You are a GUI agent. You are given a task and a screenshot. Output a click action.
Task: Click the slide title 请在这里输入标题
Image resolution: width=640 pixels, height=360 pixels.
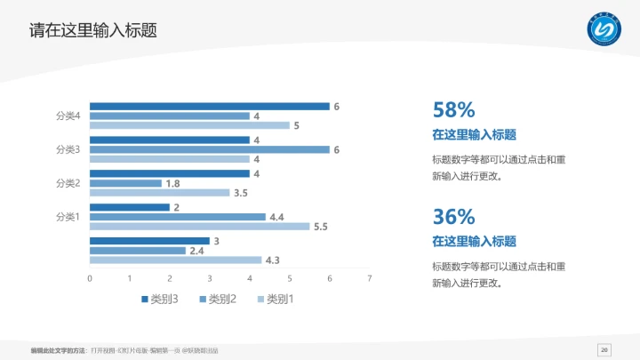93,30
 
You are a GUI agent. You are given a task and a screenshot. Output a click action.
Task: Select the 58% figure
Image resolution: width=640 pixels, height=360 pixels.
453,110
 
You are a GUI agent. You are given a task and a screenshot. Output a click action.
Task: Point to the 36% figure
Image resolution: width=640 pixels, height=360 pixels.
453,216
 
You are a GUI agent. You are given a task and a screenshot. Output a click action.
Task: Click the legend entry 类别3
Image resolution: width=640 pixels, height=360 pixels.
160,299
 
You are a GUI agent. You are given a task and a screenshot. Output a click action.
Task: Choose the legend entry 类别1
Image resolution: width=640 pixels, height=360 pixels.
276,299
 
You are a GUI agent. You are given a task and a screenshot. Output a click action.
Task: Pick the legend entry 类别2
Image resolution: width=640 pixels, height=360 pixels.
218,299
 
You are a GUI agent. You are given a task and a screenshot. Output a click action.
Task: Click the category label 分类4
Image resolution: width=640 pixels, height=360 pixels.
68,116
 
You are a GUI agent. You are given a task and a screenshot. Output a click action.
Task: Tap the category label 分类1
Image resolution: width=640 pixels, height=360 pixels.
68,216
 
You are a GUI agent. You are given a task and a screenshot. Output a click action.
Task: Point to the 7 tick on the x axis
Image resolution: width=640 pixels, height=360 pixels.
370,279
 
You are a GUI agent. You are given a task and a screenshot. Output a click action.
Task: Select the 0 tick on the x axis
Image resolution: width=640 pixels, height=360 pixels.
90,279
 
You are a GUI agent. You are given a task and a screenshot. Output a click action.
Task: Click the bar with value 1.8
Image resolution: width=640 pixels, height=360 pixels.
125,183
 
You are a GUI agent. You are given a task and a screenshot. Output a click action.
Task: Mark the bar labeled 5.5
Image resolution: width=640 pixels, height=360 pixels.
199,227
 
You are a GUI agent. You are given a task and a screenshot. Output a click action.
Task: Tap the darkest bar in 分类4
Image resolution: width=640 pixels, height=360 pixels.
209,107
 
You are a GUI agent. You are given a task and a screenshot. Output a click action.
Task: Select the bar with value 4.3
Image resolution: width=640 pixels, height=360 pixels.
175,260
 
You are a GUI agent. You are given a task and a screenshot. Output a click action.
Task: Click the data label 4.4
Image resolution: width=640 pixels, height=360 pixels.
276,217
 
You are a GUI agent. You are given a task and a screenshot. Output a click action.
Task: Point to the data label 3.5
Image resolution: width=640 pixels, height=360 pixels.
241,193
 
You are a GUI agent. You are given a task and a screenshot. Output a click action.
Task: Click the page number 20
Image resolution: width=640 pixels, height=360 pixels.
604,348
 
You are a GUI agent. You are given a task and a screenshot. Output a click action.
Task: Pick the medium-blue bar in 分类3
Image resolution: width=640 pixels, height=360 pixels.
209,149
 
